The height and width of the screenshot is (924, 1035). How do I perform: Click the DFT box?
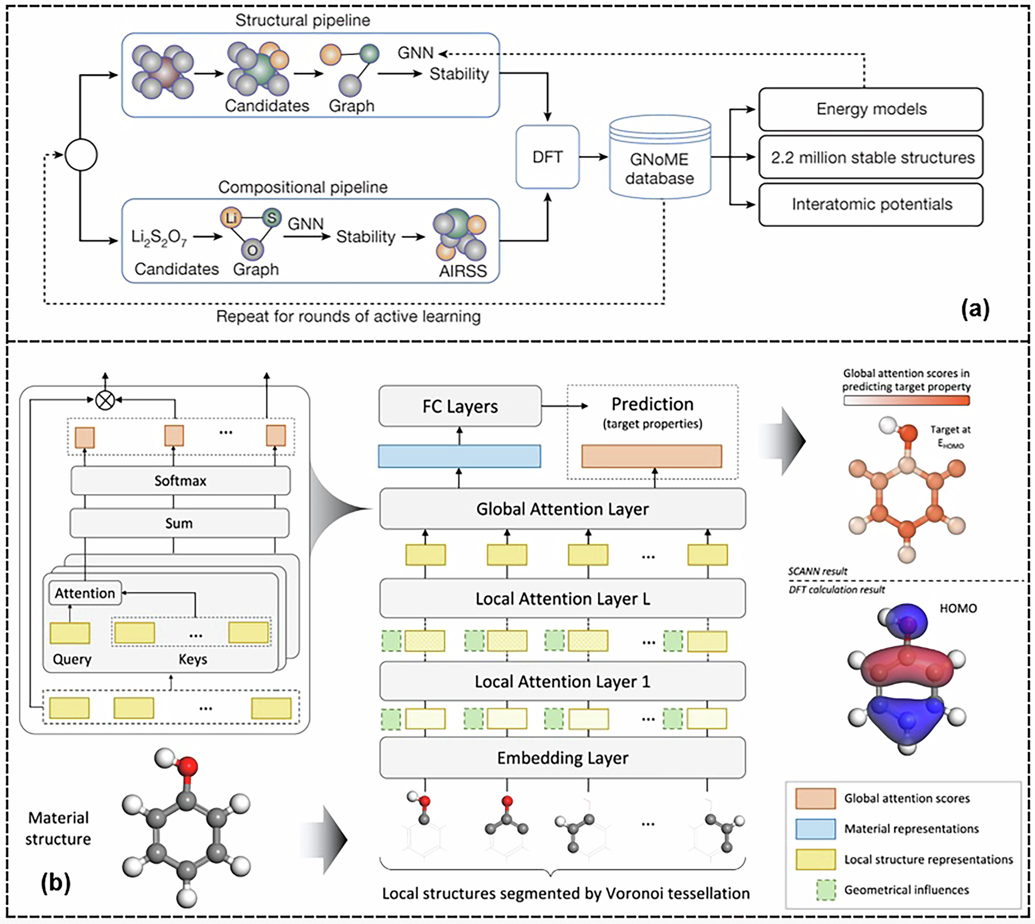(547, 157)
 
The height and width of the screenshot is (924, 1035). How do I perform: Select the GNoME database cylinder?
(659, 160)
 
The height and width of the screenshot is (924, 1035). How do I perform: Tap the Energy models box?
(870, 109)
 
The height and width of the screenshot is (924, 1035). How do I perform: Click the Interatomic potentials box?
(870, 204)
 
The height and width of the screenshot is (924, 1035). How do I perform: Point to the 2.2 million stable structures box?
(870, 157)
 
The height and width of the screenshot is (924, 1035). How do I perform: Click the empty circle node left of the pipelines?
(81, 155)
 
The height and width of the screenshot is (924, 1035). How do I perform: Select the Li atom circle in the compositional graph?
(231, 218)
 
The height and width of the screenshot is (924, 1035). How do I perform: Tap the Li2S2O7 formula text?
(159, 237)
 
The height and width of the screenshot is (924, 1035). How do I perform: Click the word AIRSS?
(463, 271)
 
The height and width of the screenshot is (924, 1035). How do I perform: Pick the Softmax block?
(180, 481)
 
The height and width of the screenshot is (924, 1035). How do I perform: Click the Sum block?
(179, 523)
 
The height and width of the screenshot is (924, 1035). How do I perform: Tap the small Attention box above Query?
(85, 593)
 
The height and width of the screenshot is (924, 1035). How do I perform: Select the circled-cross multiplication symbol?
(106, 400)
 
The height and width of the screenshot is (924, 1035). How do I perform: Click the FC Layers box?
(460, 407)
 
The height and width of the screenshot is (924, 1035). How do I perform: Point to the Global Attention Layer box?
(562, 509)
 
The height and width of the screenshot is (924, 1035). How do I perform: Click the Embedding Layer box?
(562, 758)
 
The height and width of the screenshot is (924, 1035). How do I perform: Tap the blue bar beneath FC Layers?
(459, 456)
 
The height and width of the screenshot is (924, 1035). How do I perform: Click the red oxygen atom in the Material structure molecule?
(188, 765)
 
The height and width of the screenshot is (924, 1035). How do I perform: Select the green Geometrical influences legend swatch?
(826, 890)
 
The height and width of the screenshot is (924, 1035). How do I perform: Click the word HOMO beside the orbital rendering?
(958, 608)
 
